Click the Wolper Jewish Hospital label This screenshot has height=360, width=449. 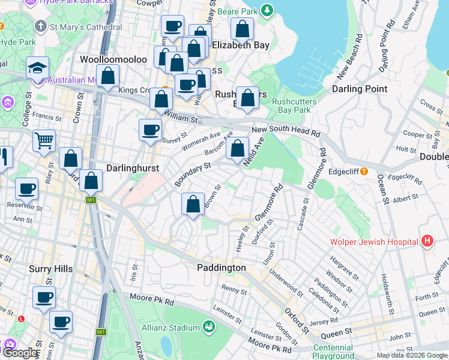(373, 242)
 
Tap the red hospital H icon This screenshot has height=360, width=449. (427, 242)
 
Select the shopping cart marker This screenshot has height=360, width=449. (43, 141)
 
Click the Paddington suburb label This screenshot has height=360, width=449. (221, 268)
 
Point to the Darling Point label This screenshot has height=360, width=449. (360, 89)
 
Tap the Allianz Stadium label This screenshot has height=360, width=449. (170, 328)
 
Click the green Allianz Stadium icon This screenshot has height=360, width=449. (209, 327)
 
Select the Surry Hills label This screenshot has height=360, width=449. (51, 269)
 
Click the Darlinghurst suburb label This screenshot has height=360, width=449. (133, 169)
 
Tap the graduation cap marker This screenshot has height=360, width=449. (37, 68)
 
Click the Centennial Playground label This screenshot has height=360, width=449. (333, 352)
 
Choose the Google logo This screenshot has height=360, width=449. (20, 353)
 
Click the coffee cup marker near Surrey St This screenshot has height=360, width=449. (150, 130)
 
